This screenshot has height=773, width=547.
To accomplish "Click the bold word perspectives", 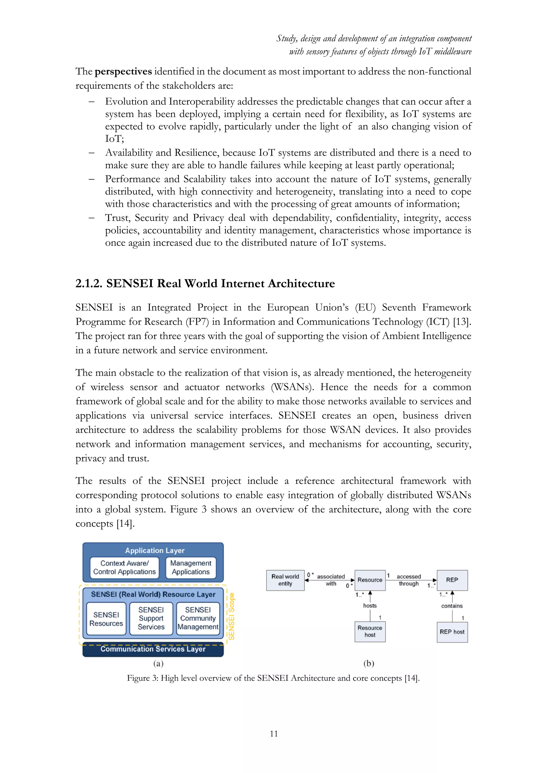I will pyautogui.click(x=123, y=72).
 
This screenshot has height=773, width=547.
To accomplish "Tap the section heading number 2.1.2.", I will pyautogui.click(x=89, y=283).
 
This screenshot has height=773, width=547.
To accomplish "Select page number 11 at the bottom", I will pyautogui.click(x=273, y=733).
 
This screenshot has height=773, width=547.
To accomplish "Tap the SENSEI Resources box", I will pyautogui.click(x=106, y=619).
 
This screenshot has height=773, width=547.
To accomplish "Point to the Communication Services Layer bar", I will pyautogui.click(x=153, y=649).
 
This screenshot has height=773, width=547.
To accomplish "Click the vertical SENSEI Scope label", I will pyautogui.click(x=231, y=616).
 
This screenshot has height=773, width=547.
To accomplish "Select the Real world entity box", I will pyautogui.click(x=285, y=580).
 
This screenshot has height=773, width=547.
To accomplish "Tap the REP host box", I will pyautogui.click(x=452, y=632).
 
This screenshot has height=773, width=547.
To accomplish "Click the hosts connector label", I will pyautogui.click(x=370, y=606).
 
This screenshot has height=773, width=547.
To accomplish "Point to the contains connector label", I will pyautogui.click(x=452, y=606).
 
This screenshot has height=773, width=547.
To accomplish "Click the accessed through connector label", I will pyautogui.click(x=409, y=580).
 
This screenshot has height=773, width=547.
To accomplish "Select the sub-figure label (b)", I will pyautogui.click(x=369, y=664).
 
